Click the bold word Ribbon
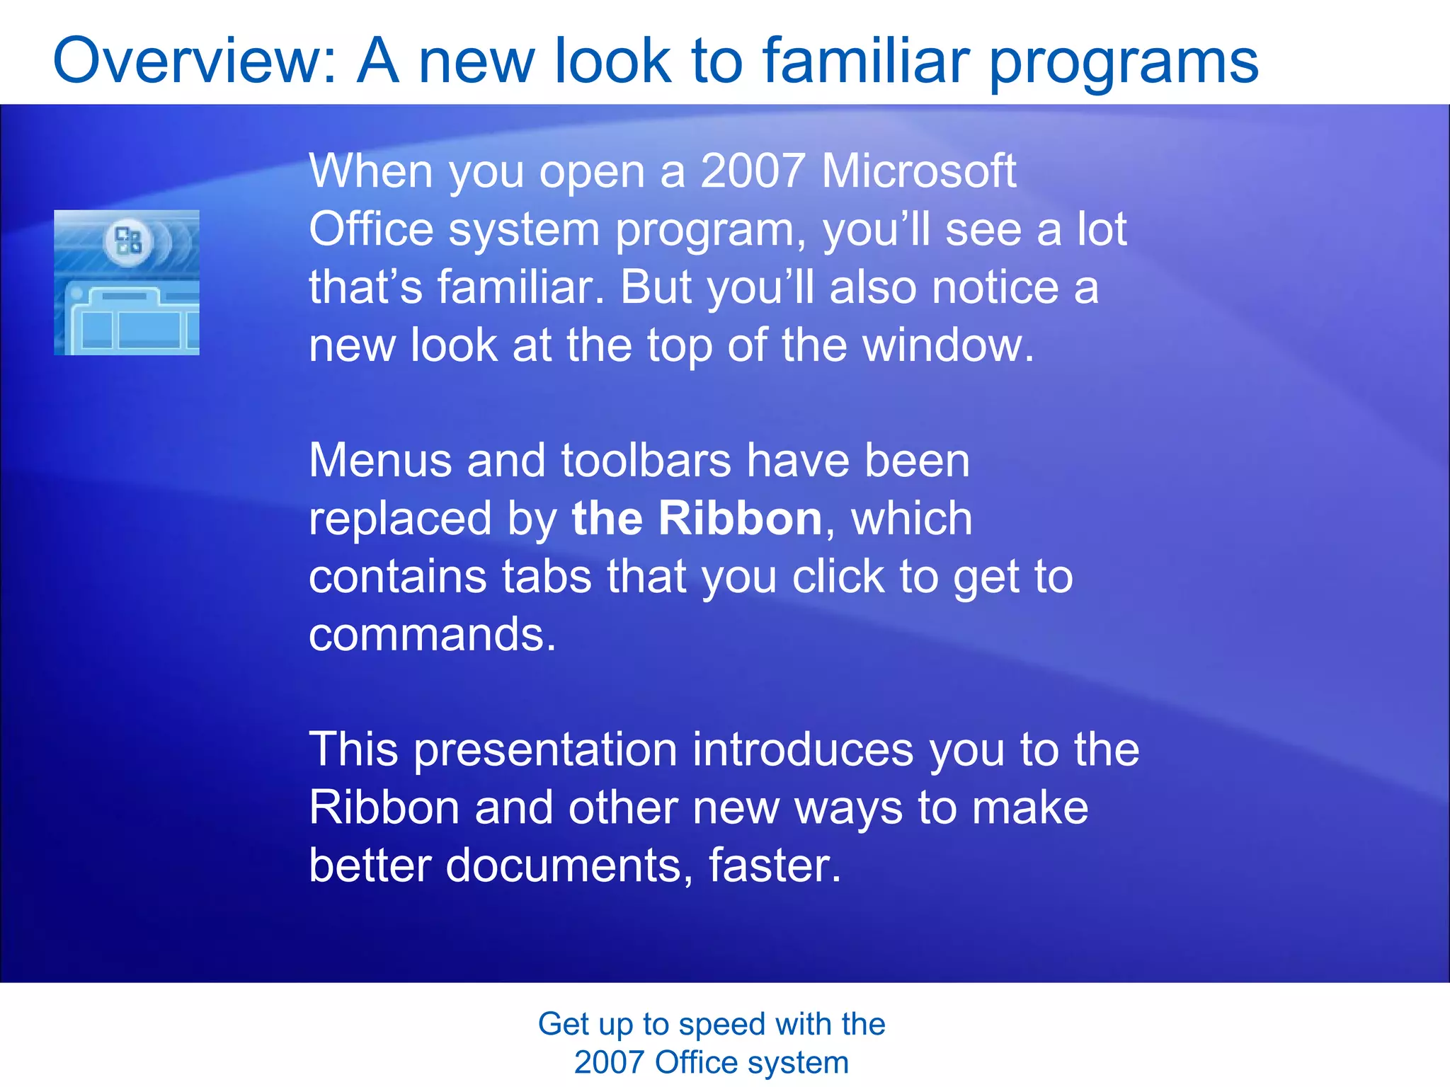pos(739,518)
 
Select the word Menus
pos(380,461)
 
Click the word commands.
pos(432,635)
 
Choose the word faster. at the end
pos(775,865)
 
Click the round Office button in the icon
pos(128,242)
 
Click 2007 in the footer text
pos(608,1063)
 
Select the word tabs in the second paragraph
pos(547,576)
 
